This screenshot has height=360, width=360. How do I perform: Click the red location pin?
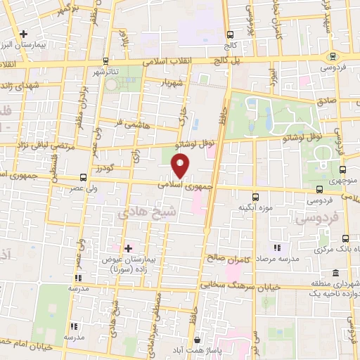pyautogui.click(x=181, y=167)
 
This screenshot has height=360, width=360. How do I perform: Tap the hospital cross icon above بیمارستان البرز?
pyautogui.click(x=24, y=34)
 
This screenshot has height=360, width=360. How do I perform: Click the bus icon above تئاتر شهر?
pyautogui.click(x=105, y=61)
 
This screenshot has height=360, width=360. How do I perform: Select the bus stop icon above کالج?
pyautogui.click(x=229, y=34)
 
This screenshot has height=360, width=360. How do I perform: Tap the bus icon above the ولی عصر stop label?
pyautogui.click(x=84, y=176)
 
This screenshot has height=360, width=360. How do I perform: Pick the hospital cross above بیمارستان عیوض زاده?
pyautogui.click(x=128, y=248)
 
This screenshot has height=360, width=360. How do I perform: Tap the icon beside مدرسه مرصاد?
pyautogui.click(x=277, y=247)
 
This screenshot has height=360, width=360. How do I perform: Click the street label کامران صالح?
pyautogui.click(x=231, y=259)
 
